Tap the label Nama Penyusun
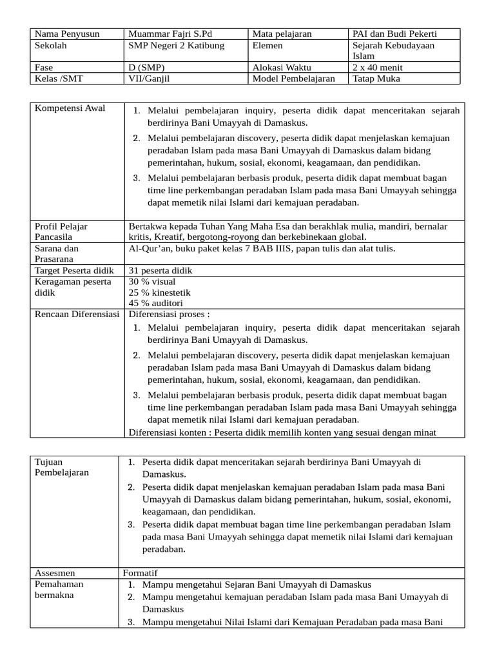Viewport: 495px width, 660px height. pyautogui.click(x=67, y=34)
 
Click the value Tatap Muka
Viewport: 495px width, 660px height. pyautogui.click(x=376, y=79)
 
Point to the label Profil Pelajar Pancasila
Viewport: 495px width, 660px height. pyautogui.click(x=61, y=231)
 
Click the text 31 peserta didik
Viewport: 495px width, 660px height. pyautogui.click(x=160, y=271)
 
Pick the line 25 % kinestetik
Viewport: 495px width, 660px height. pyautogui.click(x=159, y=293)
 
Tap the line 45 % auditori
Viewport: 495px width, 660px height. pyautogui.click(x=155, y=303)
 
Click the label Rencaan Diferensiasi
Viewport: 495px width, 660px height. pyautogui.click(x=77, y=314)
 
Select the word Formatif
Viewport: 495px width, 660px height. pyautogui.click(x=140, y=572)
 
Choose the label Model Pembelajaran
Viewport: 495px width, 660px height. pyautogui.click(x=293, y=79)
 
